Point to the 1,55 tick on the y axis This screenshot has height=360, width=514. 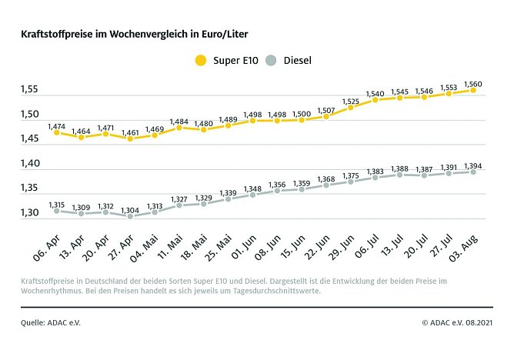point(30,91)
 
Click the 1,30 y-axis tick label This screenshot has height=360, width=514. point(30,213)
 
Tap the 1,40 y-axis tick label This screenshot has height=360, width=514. point(30,164)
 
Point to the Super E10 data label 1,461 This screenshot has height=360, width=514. point(130,130)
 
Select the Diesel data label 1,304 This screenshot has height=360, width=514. point(130,208)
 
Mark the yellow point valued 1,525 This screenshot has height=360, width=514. point(350,108)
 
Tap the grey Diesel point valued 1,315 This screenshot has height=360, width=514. point(56,211)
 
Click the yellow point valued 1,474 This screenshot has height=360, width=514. point(56,132)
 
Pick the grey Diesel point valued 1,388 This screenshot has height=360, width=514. point(399,175)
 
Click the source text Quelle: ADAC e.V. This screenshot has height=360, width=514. point(51,322)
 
